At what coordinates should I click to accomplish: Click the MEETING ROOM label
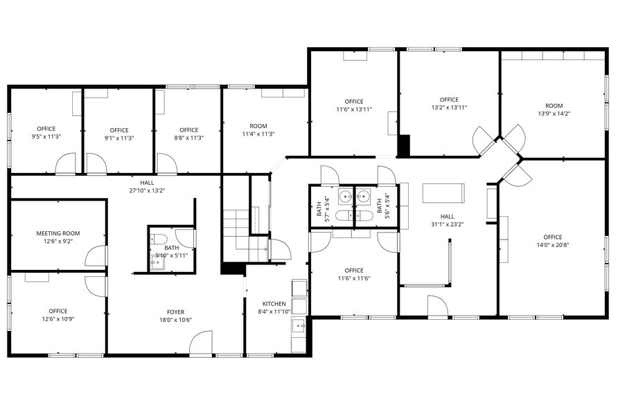58,234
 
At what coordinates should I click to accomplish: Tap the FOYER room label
175,311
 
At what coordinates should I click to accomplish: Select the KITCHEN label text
274,304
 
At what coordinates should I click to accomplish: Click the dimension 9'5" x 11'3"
46,137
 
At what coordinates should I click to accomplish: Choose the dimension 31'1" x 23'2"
447,224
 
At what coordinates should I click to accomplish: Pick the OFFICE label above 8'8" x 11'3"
188,130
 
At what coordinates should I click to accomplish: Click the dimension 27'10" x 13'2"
146,190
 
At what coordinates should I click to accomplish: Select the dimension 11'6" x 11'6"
353,278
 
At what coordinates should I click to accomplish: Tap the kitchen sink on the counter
299,324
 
